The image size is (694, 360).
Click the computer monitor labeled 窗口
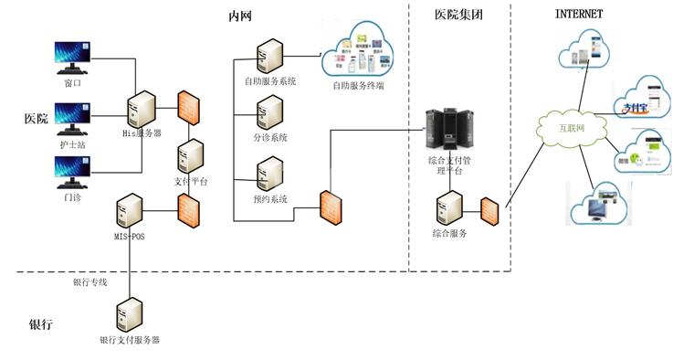73,58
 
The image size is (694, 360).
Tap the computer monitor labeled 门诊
73,171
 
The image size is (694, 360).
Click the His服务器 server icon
141,109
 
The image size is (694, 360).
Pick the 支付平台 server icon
191,155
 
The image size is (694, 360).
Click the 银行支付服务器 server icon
129,315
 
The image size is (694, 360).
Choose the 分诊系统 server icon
269,112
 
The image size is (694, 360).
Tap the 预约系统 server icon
269,174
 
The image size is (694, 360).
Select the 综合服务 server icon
449,208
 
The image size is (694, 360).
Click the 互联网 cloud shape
571,128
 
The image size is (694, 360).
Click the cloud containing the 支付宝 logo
641,100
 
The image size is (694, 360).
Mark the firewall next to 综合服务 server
490,211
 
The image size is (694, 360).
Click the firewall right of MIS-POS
190,211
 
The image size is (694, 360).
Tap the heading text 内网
241,16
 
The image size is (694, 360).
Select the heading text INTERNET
579,14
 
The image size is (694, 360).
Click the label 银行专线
90,282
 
